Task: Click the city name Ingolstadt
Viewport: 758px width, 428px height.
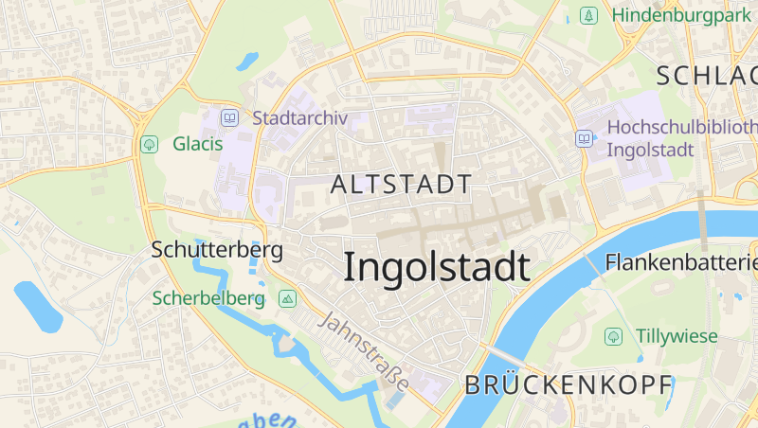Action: pyautogui.click(x=436, y=267)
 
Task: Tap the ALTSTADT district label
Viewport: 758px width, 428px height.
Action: pyautogui.click(x=401, y=185)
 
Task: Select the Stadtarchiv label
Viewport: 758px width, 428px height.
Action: pyautogui.click(x=300, y=118)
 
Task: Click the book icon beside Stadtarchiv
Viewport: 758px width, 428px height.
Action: pyautogui.click(x=229, y=118)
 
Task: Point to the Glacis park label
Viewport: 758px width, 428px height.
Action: pyautogui.click(x=197, y=144)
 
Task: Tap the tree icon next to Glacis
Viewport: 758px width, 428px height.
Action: pyautogui.click(x=149, y=144)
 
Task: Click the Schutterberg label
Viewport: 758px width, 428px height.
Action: pyautogui.click(x=217, y=250)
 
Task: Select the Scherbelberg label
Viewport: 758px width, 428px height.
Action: pyautogui.click(x=208, y=298)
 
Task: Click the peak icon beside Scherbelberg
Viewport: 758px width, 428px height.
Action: pyautogui.click(x=288, y=298)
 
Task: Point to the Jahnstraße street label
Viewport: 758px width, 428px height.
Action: pyautogui.click(x=364, y=350)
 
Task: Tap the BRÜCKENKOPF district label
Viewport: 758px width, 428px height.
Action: pyautogui.click(x=568, y=384)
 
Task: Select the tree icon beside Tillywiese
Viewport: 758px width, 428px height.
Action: pyautogui.click(x=614, y=335)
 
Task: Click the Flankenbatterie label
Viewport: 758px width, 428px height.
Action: pyautogui.click(x=682, y=261)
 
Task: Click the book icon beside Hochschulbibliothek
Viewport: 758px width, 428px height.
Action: pyautogui.click(x=585, y=138)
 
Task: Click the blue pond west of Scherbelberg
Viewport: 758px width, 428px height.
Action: pyautogui.click(x=38, y=306)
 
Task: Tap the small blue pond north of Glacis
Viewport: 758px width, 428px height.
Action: pyautogui.click(x=247, y=62)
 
